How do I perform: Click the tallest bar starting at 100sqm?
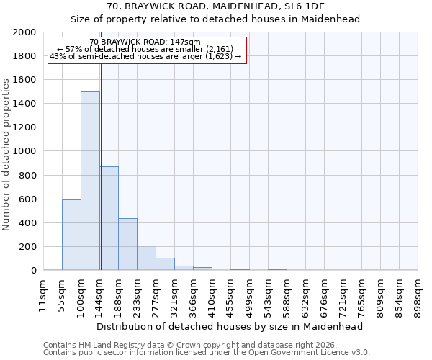pos(90,181)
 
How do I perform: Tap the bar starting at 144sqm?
pos(109,218)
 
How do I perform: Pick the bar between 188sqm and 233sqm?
pos(127,244)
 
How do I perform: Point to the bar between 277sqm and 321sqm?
pos(165,264)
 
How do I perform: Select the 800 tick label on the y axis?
pos(27,175)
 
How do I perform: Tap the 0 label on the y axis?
pos(34,271)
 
